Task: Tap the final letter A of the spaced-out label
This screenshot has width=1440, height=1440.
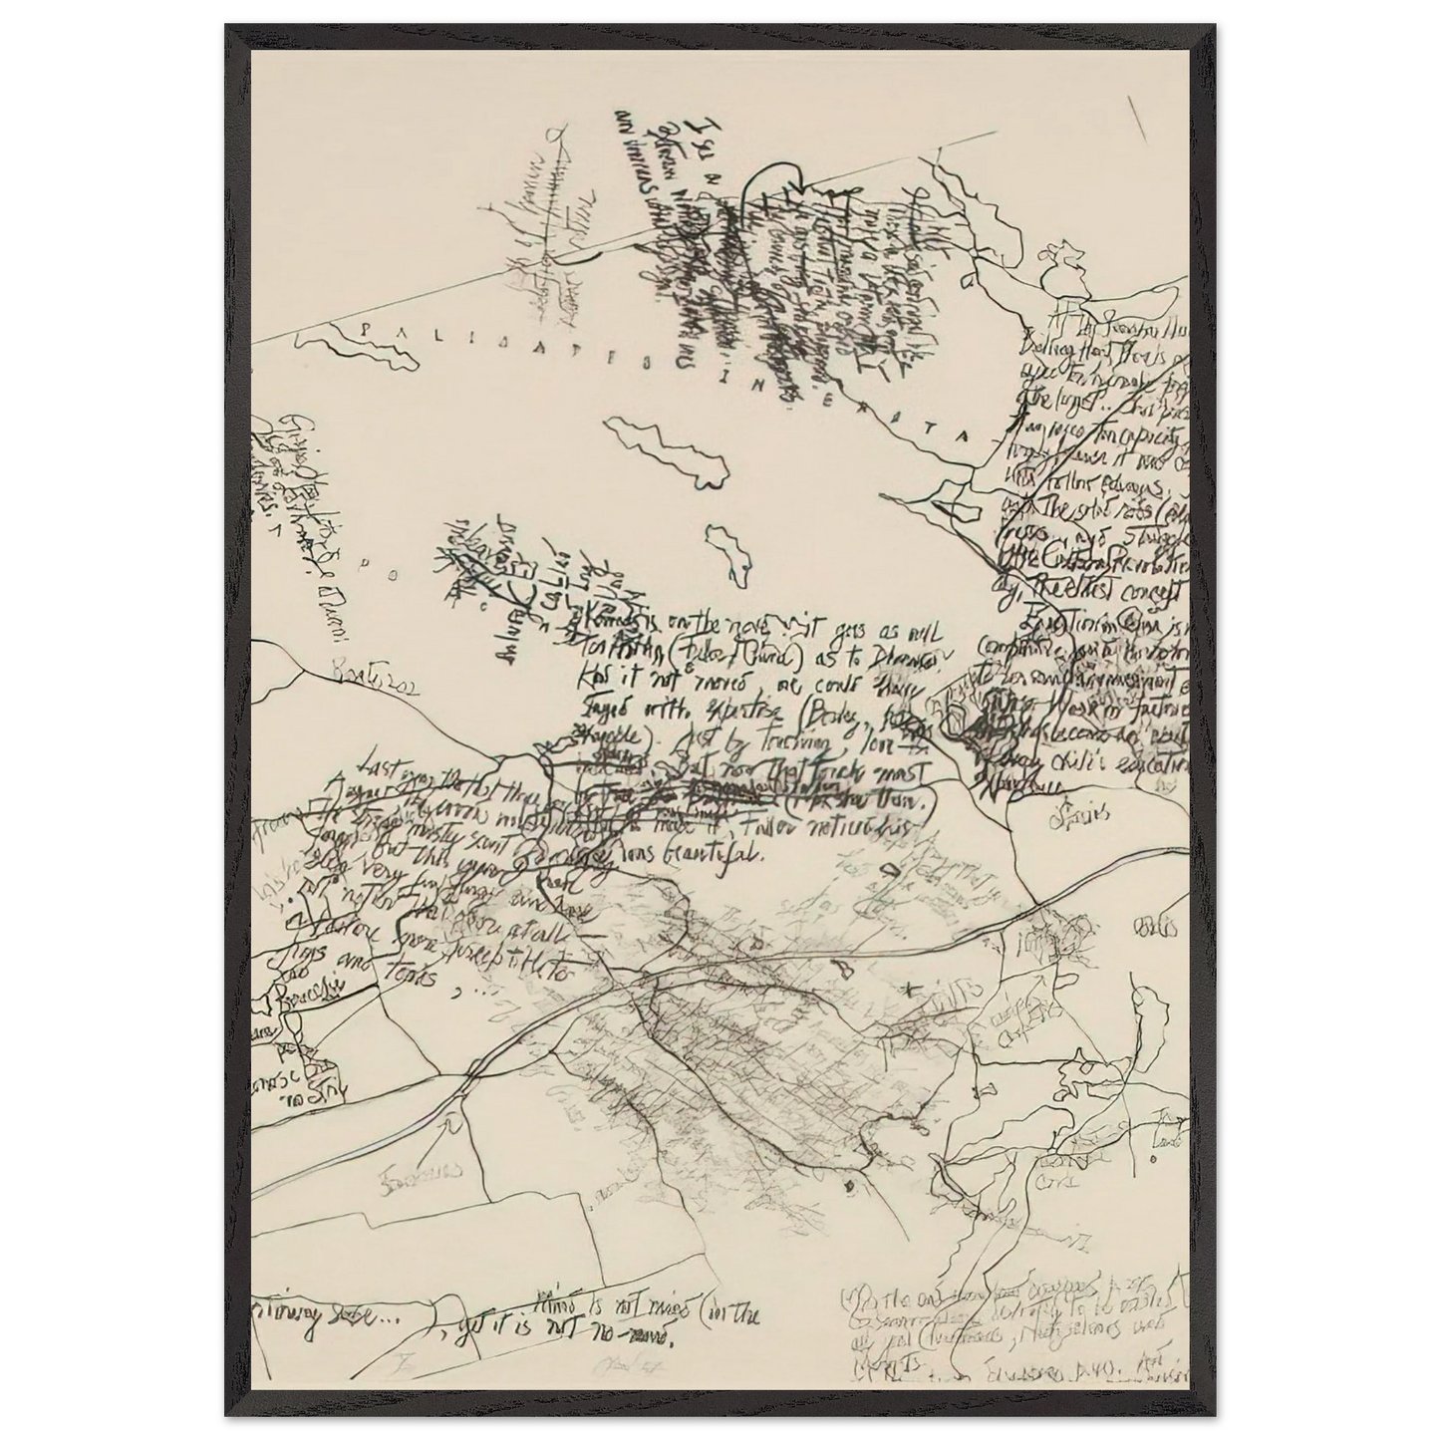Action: [x=959, y=436]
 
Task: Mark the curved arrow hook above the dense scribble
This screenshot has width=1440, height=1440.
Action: [x=774, y=183]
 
